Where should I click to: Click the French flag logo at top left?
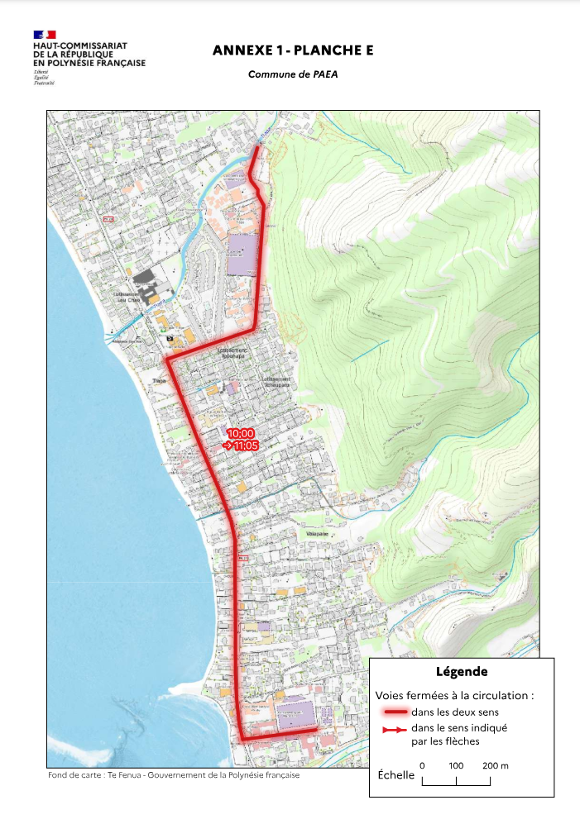pyautogui.click(x=45, y=35)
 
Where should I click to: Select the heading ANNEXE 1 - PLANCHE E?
pyautogui.click(x=293, y=50)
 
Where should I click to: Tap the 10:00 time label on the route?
pyautogui.click(x=241, y=433)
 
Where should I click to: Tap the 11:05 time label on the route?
pyautogui.click(x=244, y=445)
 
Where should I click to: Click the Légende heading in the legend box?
pyautogui.click(x=461, y=672)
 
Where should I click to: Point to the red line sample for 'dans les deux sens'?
pyautogui.click(x=394, y=712)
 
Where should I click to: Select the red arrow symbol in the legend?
pyautogui.click(x=394, y=730)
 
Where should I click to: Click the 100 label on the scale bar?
pyautogui.click(x=456, y=766)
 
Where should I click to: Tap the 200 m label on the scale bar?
pyautogui.click(x=495, y=766)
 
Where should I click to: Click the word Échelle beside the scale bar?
pyautogui.click(x=395, y=776)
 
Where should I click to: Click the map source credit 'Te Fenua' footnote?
pyautogui.click(x=174, y=776)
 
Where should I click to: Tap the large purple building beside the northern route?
pyautogui.click(x=246, y=255)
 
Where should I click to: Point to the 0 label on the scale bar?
pyautogui.click(x=422, y=766)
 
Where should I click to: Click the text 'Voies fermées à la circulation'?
pyautogui.click(x=454, y=696)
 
